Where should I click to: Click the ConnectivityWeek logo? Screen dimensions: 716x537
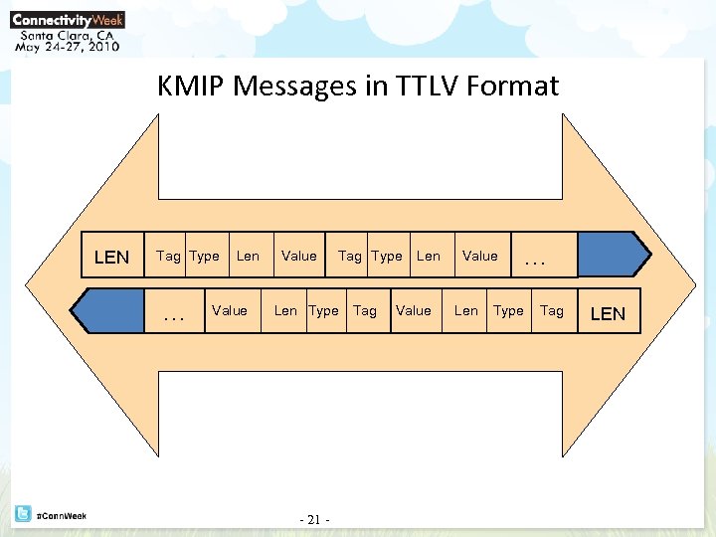[x=68, y=18]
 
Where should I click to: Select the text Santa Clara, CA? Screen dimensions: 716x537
[x=66, y=33]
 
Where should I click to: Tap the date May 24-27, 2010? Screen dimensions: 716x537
[x=68, y=46]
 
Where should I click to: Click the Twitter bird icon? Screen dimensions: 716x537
[x=22, y=514]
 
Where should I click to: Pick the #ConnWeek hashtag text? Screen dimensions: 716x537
[x=61, y=515]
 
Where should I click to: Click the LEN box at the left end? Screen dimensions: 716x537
[x=110, y=257]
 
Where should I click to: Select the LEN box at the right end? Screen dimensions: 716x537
[x=608, y=313]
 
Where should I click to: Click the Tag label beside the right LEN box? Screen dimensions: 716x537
[x=551, y=311]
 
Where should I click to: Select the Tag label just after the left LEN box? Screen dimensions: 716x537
[x=168, y=257]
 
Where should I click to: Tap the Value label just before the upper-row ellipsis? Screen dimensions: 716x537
[x=480, y=257]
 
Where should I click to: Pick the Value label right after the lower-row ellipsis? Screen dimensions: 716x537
[x=230, y=311]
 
